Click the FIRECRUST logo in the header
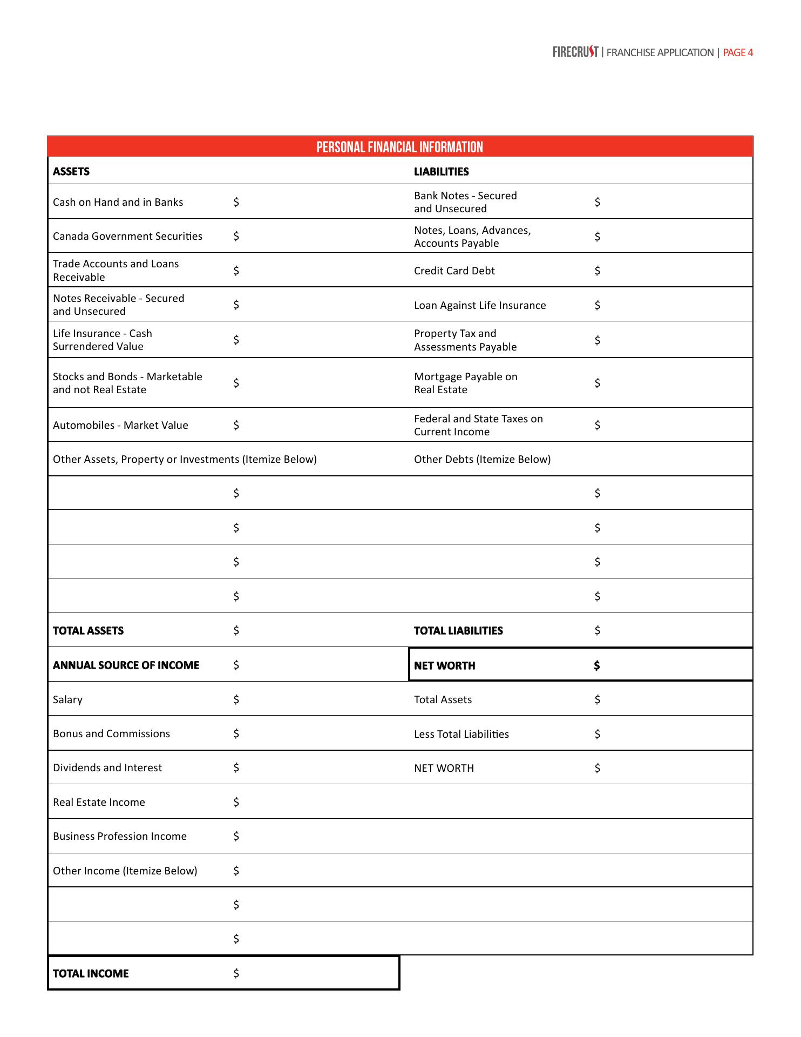click(x=575, y=52)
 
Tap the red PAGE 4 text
click(x=737, y=52)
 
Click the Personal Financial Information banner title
click(x=399, y=147)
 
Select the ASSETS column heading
click(x=71, y=172)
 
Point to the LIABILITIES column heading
click(x=441, y=172)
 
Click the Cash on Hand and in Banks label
click(x=118, y=202)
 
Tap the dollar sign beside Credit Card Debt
click(x=597, y=271)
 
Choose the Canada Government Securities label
click(x=127, y=236)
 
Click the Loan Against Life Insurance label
click(x=480, y=305)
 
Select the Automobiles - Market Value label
click(x=120, y=425)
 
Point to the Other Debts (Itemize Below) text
click(x=482, y=459)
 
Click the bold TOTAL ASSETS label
click(x=88, y=631)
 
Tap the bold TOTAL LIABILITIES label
click(x=458, y=631)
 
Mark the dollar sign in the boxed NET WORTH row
click(x=596, y=665)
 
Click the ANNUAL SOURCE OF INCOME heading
click(x=126, y=665)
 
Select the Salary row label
click(x=67, y=699)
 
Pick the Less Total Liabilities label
click(x=461, y=734)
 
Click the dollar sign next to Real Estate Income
click(x=236, y=802)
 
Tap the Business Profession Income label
click(x=119, y=836)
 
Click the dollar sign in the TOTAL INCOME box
click(x=236, y=973)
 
